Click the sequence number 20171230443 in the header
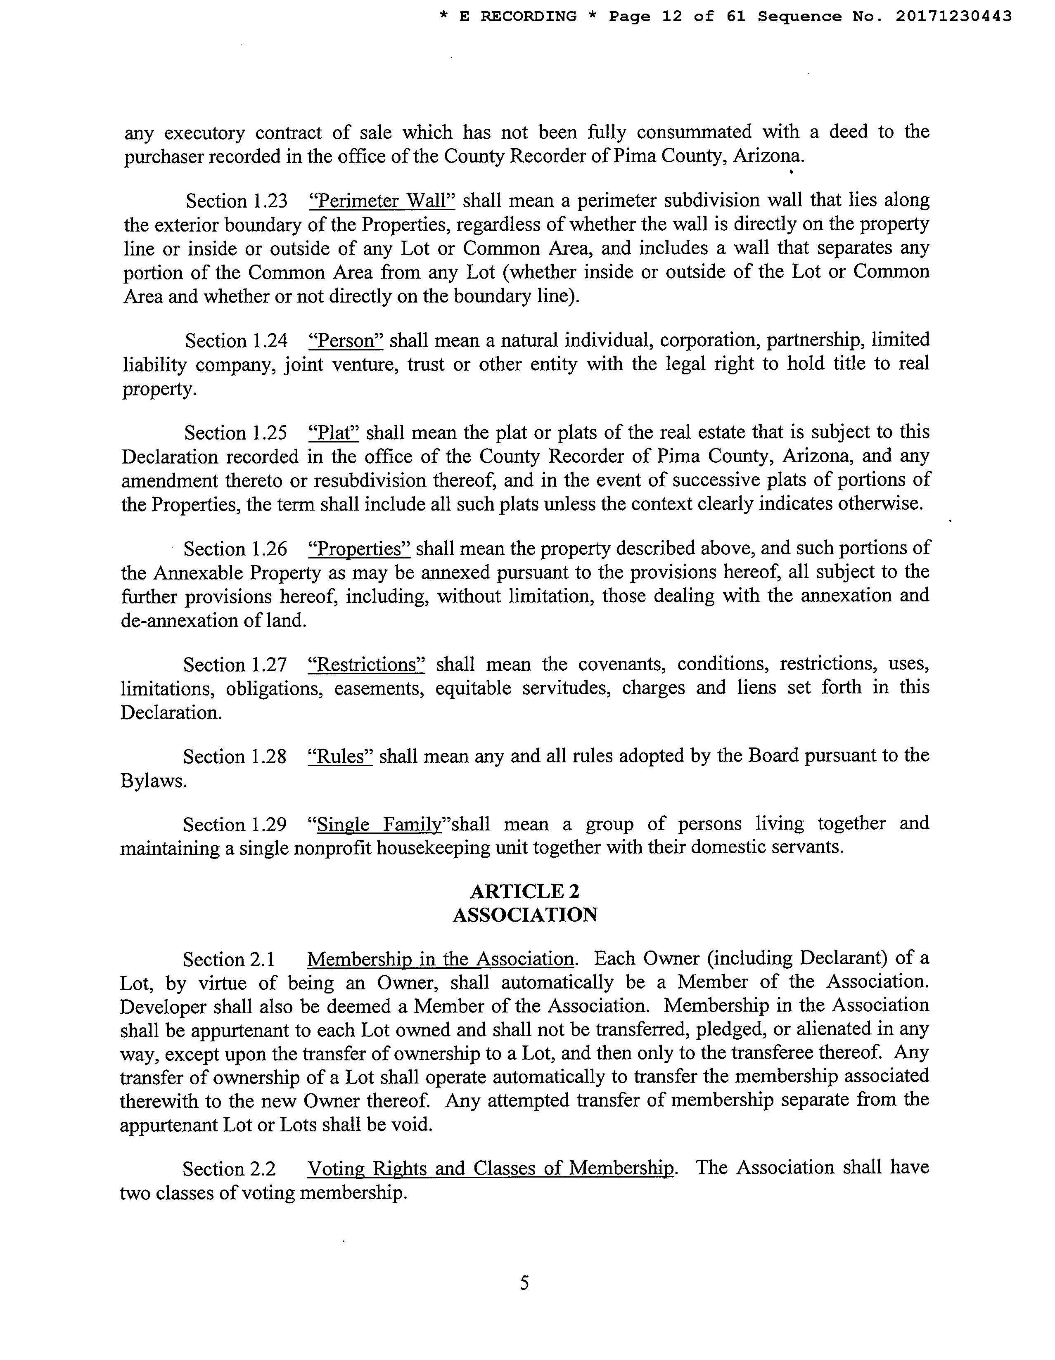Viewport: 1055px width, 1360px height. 953,17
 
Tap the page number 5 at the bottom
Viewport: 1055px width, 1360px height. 524,1283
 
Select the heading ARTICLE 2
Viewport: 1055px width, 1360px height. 524,891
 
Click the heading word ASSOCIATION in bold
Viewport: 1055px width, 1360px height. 524,915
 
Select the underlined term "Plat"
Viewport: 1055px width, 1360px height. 334,432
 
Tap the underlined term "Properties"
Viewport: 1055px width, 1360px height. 359,549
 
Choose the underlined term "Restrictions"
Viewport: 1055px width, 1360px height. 367,665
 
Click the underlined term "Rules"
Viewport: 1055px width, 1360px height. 341,756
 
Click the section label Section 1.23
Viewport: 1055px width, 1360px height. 237,201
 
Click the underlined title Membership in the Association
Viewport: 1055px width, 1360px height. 440,959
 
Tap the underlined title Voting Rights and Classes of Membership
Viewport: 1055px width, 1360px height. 491,1168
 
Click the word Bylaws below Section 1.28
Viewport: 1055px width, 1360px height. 153,781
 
